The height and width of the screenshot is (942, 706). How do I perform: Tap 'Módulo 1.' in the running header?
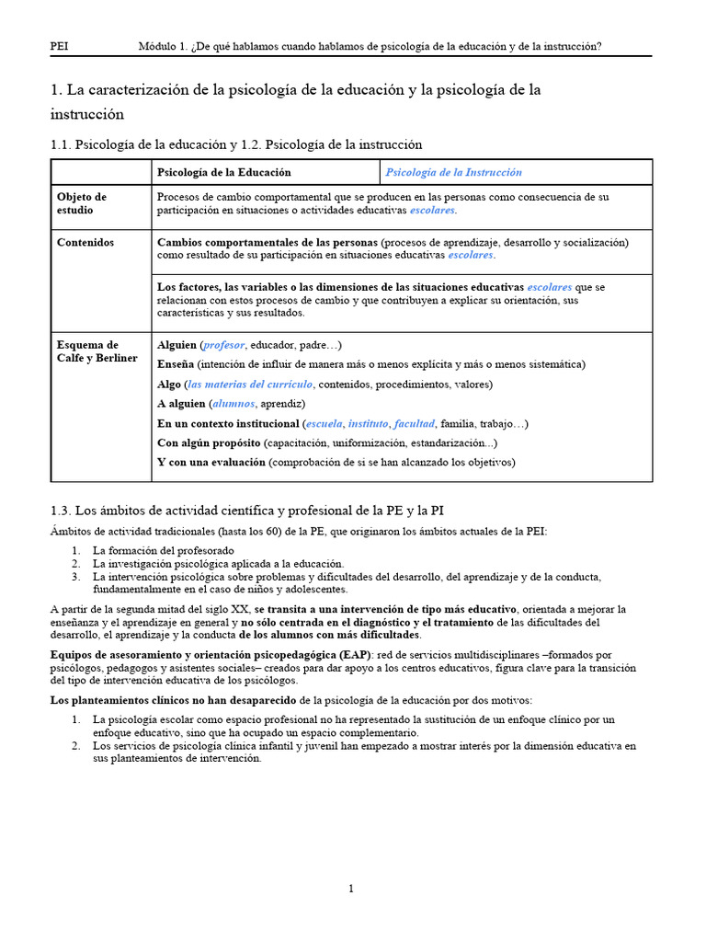click(163, 46)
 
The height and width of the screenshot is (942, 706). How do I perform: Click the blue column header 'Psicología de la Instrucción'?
click(453, 172)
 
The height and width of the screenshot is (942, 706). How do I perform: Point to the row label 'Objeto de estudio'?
click(82, 203)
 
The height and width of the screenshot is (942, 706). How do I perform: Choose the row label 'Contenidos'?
click(85, 242)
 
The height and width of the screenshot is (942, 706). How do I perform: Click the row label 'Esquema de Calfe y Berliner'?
click(97, 351)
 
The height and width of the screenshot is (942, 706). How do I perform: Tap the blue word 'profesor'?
click(224, 345)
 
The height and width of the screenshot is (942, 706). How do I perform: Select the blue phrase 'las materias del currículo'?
click(250, 384)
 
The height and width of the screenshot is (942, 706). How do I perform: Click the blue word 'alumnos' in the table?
click(233, 404)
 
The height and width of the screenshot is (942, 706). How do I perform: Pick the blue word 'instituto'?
click(368, 423)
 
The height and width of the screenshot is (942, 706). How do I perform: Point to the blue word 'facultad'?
click(414, 423)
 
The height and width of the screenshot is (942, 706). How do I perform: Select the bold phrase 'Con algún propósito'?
click(209, 442)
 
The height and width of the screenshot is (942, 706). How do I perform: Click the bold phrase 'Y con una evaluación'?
click(211, 462)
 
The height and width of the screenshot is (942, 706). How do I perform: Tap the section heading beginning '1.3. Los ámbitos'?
click(248, 510)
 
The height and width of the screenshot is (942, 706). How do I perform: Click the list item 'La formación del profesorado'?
click(156, 550)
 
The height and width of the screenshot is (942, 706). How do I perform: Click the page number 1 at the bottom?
click(350, 888)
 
